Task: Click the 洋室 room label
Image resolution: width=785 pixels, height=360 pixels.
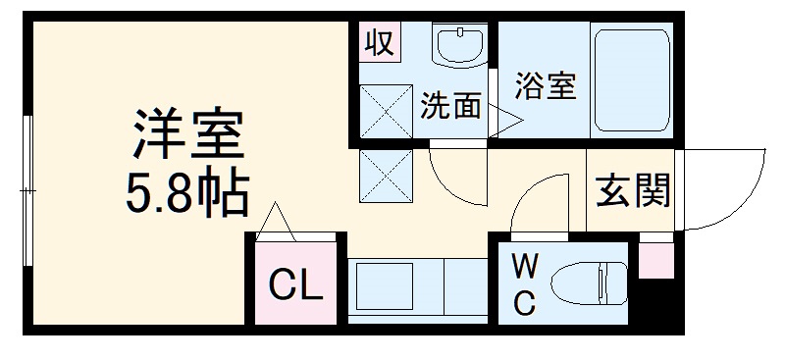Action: click(186, 138)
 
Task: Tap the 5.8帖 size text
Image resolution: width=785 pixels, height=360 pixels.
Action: click(185, 195)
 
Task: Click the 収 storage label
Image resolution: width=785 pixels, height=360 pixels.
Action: click(379, 42)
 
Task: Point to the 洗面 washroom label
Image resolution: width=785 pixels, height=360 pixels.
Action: click(450, 106)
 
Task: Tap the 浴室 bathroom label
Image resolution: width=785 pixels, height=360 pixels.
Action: click(544, 85)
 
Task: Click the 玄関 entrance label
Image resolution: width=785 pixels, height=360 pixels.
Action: click(633, 191)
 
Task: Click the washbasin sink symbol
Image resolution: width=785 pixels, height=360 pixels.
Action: click(459, 45)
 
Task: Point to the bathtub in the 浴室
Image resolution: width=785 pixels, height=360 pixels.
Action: click(630, 82)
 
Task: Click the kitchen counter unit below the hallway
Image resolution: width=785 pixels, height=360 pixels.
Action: click(416, 286)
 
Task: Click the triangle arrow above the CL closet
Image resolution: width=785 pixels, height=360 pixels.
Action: click(278, 221)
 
